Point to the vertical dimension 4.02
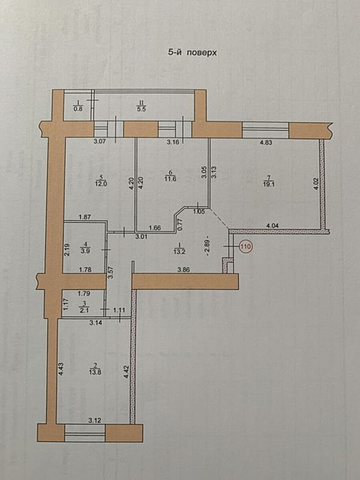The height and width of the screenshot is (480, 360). click(x=315, y=184)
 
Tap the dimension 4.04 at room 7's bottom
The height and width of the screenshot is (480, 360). click(x=273, y=226)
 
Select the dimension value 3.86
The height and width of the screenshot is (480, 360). click(x=186, y=269)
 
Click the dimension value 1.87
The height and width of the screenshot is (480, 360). click(x=84, y=216)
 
